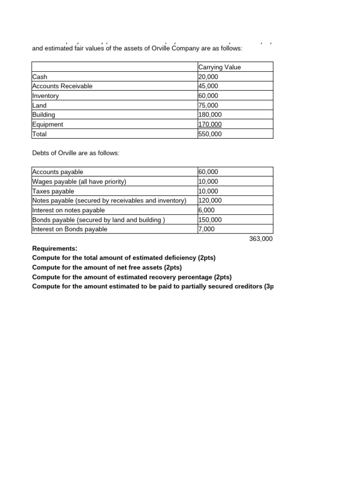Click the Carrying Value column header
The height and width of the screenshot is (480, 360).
click(x=219, y=67)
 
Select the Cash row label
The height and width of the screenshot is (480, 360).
click(x=40, y=77)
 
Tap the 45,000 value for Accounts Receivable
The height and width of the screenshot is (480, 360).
click(x=208, y=86)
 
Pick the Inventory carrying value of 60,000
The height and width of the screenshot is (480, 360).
click(x=208, y=96)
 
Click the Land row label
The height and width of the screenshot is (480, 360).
click(x=39, y=105)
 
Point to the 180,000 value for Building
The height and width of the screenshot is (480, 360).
click(x=210, y=115)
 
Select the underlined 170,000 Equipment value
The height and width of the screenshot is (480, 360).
click(x=210, y=124)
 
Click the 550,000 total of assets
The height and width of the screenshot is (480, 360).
click(x=210, y=134)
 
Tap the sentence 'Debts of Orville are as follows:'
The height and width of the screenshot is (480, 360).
click(x=76, y=153)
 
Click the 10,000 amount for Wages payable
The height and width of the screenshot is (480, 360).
click(x=208, y=182)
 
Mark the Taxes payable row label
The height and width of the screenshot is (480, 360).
click(x=53, y=191)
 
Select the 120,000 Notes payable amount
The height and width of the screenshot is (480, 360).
click(x=210, y=201)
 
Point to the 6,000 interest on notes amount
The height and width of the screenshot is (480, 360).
click(x=207, y=210)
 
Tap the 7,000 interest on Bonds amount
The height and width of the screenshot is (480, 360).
click(x=207, y=229)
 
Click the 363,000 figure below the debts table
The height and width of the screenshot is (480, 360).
click(x=261, y=239)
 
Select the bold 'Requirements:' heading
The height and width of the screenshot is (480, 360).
click(x=55, y=248)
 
